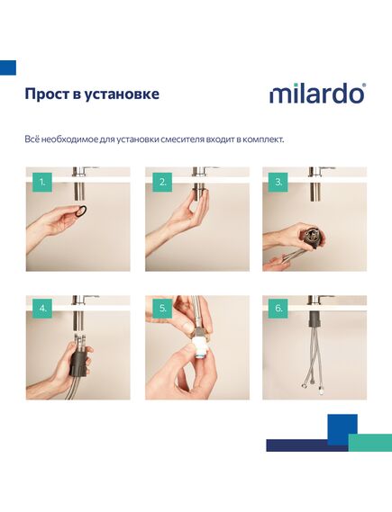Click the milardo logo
click(317, 94)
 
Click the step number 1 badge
click(42, 182)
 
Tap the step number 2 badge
click(162, 182)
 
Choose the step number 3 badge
click(278, 182)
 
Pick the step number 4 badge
click(42, 309)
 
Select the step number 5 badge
click(162, 309)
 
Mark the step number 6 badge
click(278, 309)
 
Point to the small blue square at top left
click(8, 67)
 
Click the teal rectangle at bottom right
click(370, 443)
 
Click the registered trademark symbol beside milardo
click(364, 85)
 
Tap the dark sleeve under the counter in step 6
click(315, 319)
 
